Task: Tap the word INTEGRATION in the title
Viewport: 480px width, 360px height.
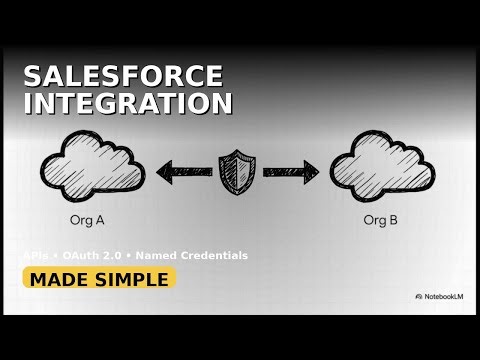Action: pyautogui.click(x=128, y=103)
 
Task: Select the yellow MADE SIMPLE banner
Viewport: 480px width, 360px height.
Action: pyautogui.click(x=99, y=279)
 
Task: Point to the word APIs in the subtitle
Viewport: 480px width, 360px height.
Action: pyautogui.click(x=37, y=256)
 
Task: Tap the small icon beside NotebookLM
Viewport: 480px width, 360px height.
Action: pyautogui.click(x=418, y=296)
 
